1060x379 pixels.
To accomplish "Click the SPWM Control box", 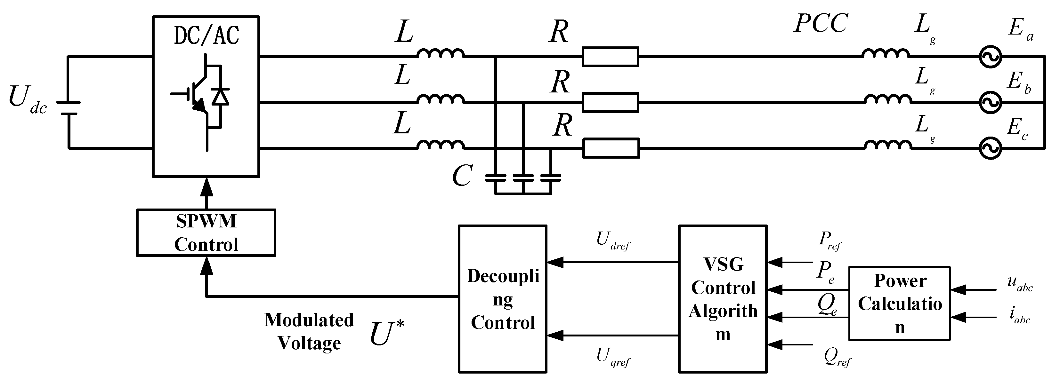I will pos(206,233).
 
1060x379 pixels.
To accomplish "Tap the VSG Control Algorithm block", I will pos(723,299).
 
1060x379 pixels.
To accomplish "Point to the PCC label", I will pos(821,23).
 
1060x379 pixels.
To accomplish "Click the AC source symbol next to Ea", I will pos(990,57).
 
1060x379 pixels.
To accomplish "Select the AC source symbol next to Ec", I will pos(990,148).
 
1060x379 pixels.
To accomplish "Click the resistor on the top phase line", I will pos(610,57).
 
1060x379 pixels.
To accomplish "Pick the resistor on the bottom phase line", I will pos(611,148).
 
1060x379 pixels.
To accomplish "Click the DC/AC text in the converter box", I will pos(206,36).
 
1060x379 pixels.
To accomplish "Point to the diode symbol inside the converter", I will pos(220,97).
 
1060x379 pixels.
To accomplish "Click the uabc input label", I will pos(1020,283).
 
